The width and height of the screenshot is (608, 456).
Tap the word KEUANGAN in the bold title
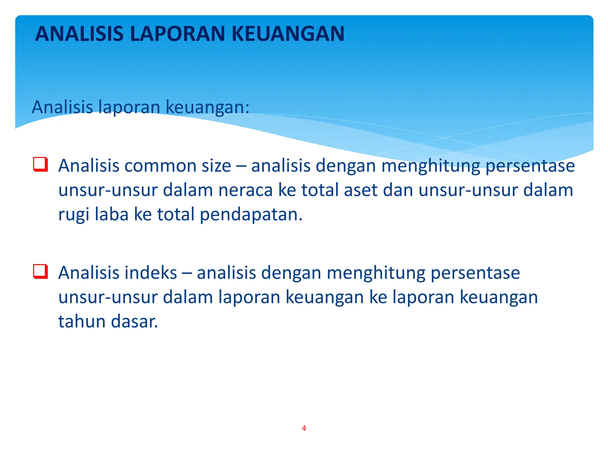point(288,34)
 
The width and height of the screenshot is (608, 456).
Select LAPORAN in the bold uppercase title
point(178,34)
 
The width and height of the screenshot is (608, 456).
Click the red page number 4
point(304,428)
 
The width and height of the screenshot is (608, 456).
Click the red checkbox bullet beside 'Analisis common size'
point(40,164)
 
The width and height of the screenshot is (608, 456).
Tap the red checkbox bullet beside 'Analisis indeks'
point(40,271)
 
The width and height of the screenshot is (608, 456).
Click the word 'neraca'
point(245,190)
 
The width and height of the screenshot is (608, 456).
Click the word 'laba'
point(111,214)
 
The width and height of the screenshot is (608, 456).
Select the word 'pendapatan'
point(251,215)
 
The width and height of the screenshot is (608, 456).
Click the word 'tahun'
point(82,322)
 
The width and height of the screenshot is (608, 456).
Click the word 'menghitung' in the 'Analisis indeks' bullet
point(376,273)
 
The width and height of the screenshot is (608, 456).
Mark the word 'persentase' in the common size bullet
point(530,166)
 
